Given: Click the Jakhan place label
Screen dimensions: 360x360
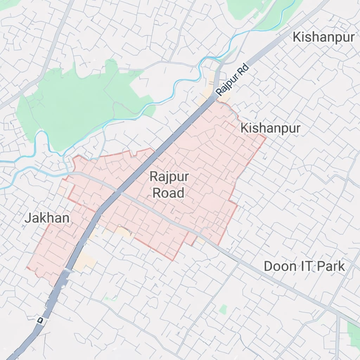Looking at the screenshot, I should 47,218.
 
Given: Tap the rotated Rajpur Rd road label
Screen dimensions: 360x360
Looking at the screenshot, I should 232,80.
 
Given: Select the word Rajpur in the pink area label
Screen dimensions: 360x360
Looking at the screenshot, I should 169,176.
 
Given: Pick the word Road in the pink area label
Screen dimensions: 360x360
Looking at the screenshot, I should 168,193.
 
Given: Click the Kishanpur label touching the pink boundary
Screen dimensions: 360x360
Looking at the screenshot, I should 270,128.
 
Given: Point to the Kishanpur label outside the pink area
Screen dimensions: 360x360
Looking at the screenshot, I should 323,37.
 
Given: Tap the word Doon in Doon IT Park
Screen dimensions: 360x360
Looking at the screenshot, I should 280,266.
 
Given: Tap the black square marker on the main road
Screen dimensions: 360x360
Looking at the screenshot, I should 40,320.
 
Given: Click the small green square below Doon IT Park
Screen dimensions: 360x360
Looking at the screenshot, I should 223,309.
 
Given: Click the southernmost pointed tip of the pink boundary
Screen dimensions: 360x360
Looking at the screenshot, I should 173,261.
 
